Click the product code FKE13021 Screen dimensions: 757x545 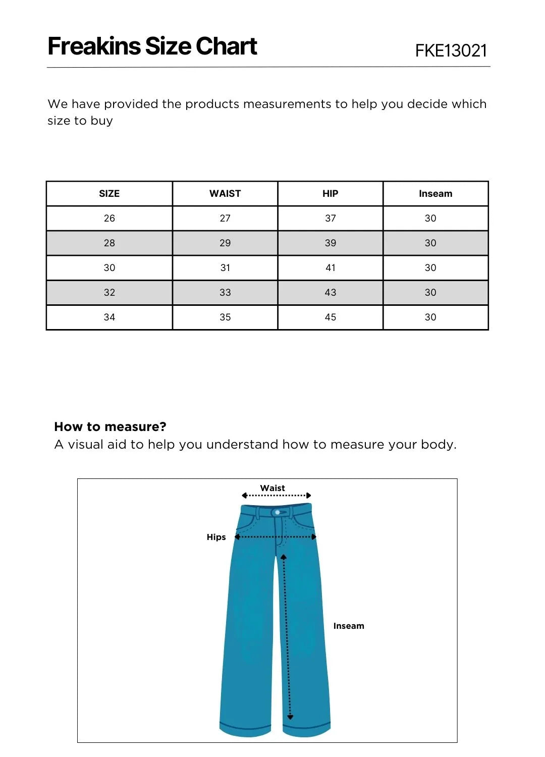pyautogui.click(x=451, y=50)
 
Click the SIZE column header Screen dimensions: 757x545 pyautogui.click(x=109, y=194)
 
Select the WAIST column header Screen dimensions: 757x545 pyautogui.click(x=225, y=194)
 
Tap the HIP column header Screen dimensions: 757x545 pyautogui.click(x=330, y=194)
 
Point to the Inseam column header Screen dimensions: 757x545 pyautogui.click(x=435, y=194)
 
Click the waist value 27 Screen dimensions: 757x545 pyautogui.click(x=225, y=219)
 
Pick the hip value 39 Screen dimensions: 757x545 pyautogui.click(x=330, y=243)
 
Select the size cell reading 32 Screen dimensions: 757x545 pyautogui.click(x=109, y=293)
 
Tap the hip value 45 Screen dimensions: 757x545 pyautogui.click(x=330, y=317)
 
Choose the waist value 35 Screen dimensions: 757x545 pyautogui.click(x=225, y=317)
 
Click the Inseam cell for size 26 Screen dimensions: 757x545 pyautogui.click(x=430, y=219)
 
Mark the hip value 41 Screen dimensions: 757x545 pyautogui.click(x=330, y=268)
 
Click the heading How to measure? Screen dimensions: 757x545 pyautogui.click(x=110, y=427)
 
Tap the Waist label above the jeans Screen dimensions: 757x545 pyautogui.click(x=272, y=488)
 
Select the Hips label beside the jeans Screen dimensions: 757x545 pyautogui.click(x=216, y=537)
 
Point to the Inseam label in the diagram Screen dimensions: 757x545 pyautogui.click(x=348, y=626)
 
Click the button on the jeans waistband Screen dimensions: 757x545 pyautogui.click(x=278, y=513)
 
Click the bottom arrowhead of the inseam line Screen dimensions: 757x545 pyautogui.click(x=290, y=717)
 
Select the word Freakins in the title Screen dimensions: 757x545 pyautogui.click(x=94, y=46)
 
